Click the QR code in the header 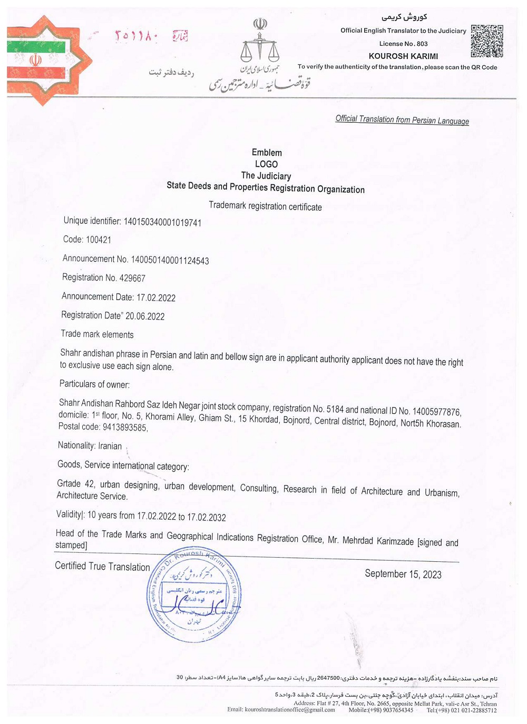[x=486, y=41]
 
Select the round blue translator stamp [x=193, y=595]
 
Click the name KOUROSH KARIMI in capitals [x=403, y=56]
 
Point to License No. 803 [x=403, y=44]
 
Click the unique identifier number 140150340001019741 [x=162, y=222]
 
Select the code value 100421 [x=99, y=240]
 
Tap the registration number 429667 [x=132, y=278]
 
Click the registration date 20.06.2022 [x=145, y=316]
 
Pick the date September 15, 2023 [x=403, y=574]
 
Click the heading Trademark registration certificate [x=265, y=206]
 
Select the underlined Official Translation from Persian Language [x=402, y=120]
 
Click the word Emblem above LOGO [x=267, y=153]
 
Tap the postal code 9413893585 [x=125, y=428]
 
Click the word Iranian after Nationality [x=110, y=446]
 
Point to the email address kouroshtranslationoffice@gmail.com [x=290, y=710]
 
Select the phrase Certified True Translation [x=102, y=567]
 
